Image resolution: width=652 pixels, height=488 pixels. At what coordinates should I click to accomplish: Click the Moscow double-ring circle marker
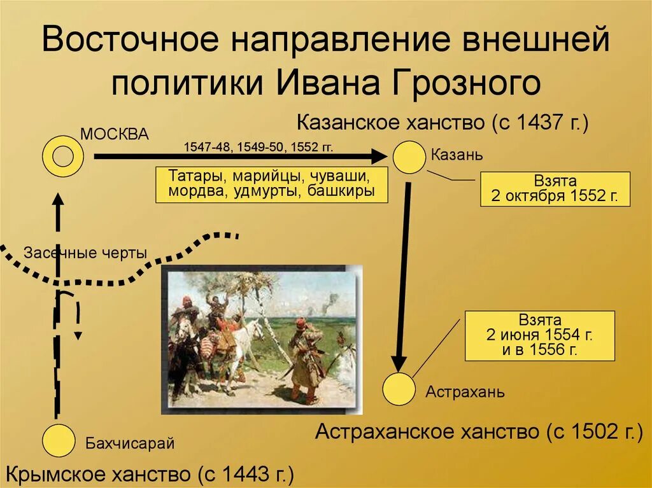tap(63, 156)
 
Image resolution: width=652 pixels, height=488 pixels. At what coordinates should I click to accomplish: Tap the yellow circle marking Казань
tap(408, 157)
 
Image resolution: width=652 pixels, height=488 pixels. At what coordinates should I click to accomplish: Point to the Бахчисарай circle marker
tap(58, 440)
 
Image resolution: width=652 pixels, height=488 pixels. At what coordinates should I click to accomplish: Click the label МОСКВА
tap(115, 134)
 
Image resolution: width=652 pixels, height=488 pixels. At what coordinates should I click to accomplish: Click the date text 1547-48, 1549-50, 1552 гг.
tap(259, 147)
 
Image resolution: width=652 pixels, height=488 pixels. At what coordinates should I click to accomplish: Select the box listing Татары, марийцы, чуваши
tap(271, 184)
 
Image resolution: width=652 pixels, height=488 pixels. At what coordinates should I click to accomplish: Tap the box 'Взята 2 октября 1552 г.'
tap(555, 189)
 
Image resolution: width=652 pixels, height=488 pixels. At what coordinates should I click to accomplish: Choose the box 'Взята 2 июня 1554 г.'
tap(540, 335)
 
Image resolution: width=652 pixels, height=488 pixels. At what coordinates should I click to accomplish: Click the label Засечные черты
tap(86, 253)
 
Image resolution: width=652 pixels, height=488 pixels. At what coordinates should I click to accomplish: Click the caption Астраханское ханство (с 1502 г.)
tap(479, 432)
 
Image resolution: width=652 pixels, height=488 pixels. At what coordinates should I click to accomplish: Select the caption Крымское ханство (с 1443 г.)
tap(150, 474)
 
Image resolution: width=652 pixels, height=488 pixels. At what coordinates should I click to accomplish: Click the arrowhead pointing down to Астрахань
tap(399, 363)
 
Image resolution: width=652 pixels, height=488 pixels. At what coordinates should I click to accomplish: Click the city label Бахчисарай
tap(130, 443)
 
